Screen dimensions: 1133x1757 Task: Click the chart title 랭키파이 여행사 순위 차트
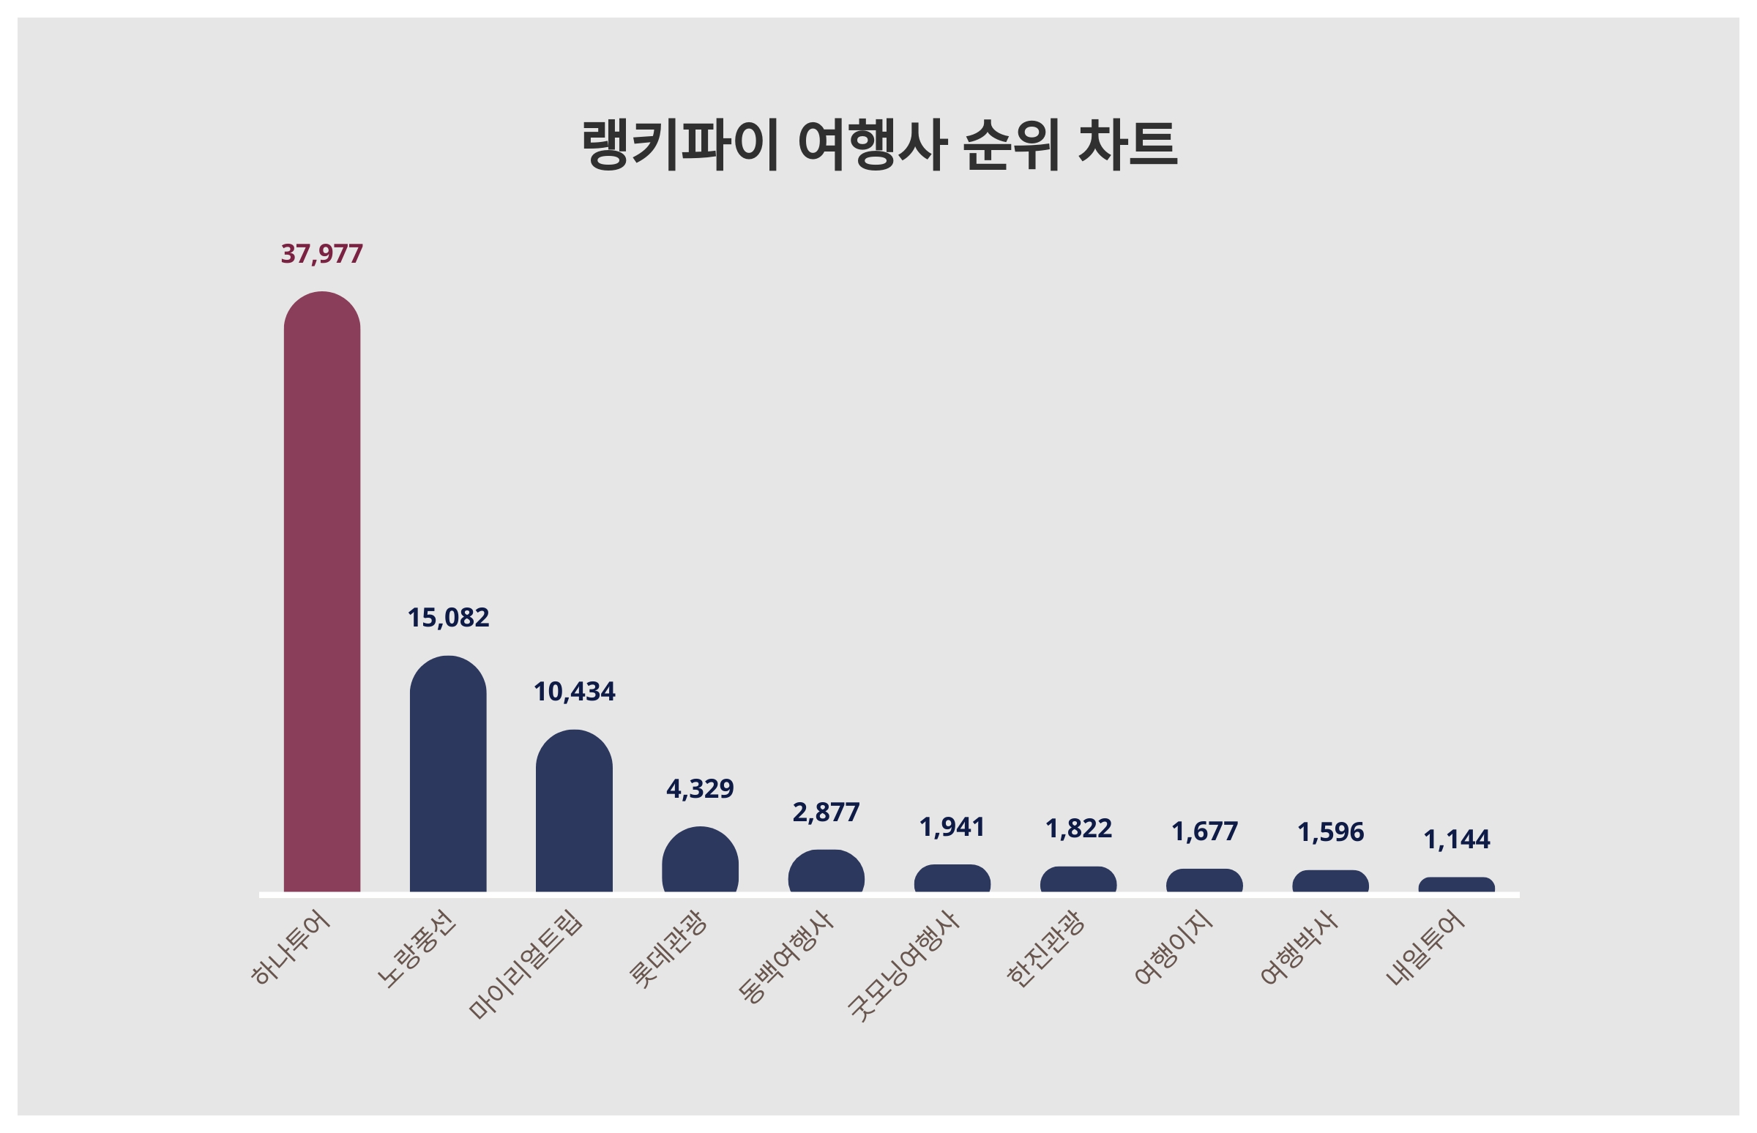[x=878, y=145]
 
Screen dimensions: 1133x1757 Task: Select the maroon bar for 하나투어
[x=321, y=592]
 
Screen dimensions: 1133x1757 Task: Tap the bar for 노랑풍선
[x=447, y=774]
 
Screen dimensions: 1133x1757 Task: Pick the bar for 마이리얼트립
[x=574, y=811]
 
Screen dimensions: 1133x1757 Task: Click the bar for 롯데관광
[x=700, y=860]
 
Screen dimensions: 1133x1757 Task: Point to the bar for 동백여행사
[x=826, y=872]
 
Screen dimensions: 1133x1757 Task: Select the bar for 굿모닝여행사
[x=952, y=878]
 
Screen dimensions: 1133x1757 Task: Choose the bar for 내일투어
[x=1456, y=885]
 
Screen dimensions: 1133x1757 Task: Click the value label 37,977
[x=321, y=254]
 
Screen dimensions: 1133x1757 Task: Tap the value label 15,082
[x=447, y=618]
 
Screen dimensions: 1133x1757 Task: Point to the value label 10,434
[x=574, y=692]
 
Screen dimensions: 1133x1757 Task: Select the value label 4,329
[x=700, y=789]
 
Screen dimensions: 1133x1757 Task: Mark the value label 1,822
[x=1078, y=829]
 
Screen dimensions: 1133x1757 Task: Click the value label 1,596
[x=1330, y=832]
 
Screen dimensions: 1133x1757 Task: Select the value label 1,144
[x=1456, y=840]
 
